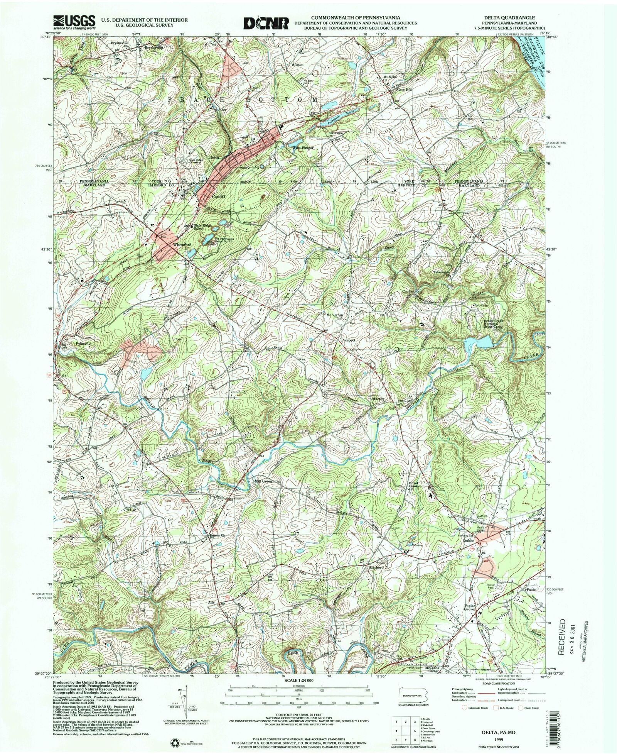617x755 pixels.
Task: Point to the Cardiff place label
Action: click(x=218, y=196)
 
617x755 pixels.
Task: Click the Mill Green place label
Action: click(x=263, y=481)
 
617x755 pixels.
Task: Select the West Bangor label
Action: click(x=303, y=148)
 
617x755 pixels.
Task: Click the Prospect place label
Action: click(x=348, y=340)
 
